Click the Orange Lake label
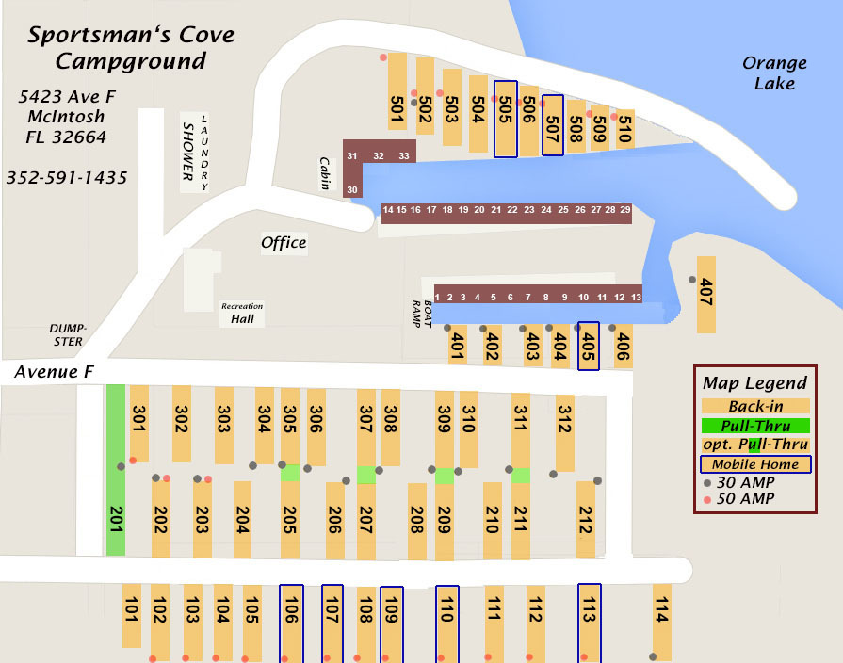point(774,73)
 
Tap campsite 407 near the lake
point(705,294)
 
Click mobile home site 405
point(589,345)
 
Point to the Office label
point(284,243)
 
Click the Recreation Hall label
point(242,314)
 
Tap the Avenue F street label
point(54,373)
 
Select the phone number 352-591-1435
point(67,178)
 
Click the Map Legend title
point(754,383)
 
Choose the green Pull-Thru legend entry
point(754,426)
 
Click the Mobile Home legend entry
point(754,464)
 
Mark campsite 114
point(661,621)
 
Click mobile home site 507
point(553,125)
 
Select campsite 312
point(565,431)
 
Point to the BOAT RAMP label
point(421,312)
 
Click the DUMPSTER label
point(67,334)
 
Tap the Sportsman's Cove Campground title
point(130,49)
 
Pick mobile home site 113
point(589,622)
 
